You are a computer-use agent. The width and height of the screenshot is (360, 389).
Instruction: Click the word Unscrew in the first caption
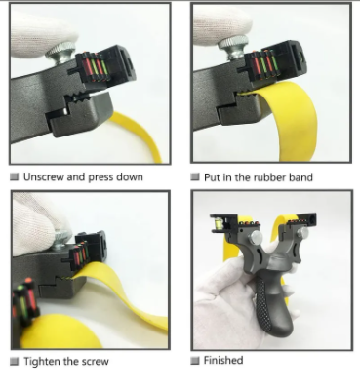click(44, 177)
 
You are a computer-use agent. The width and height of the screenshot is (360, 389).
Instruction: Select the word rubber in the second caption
click(268, 177)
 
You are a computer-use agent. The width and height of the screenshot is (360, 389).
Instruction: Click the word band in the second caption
click(300, 177)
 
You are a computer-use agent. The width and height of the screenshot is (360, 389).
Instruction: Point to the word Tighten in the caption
click(42, 362)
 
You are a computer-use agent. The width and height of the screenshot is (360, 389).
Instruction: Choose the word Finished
click(223, 360)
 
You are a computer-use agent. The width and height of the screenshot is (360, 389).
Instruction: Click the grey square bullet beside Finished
click(195, 361)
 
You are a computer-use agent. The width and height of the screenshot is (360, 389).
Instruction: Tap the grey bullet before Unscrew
click(15, 176)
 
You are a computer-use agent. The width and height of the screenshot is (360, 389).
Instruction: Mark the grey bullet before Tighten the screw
click(15, 362)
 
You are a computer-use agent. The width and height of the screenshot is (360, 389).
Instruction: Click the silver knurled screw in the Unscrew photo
click(60, 54)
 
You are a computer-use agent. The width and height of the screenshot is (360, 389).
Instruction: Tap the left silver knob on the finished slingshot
click(256, 238)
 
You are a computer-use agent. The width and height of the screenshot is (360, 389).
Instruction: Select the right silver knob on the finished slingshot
click(302, 232)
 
